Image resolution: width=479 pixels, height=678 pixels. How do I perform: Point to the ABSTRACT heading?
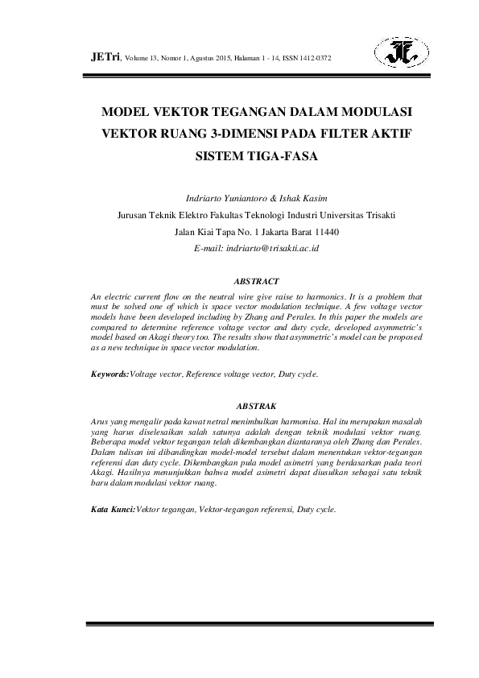pyautogui.click(x=256, y=282)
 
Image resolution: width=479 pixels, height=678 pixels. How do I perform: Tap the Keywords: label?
pyautogui.click(x=109, y=374)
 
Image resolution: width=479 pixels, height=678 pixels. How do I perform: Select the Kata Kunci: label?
pyautogui.click(x=114, y=511)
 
